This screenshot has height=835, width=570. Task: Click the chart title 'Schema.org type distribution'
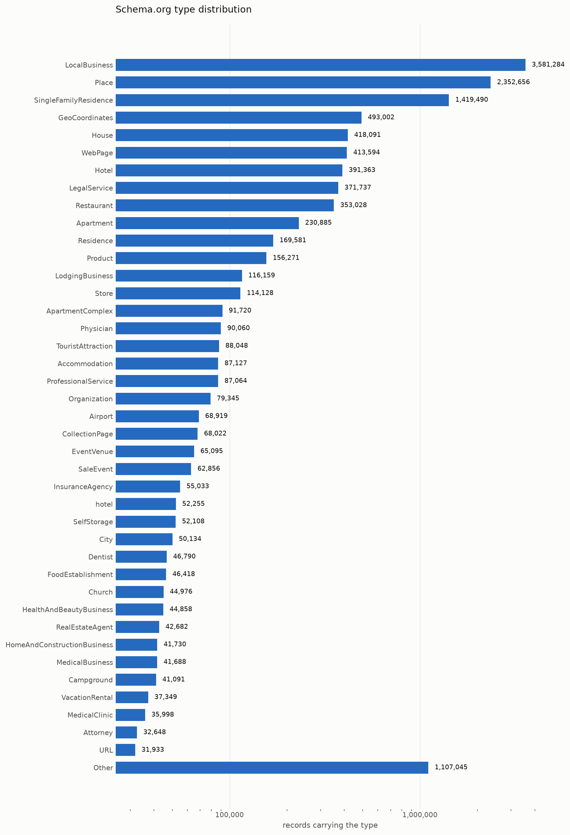[x=183, y=10]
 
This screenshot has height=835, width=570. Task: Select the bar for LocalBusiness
[x=320, y=65]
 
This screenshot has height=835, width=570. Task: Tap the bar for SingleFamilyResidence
[x=282, y=100]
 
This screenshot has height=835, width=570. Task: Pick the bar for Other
[x=272, y=768]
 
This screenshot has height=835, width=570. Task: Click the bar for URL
[x=125, y=750]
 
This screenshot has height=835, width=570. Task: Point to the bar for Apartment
[x=207, y=223]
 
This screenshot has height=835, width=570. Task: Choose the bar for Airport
[x=157, y=416]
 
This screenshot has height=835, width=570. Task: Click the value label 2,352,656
[x=513, y=82]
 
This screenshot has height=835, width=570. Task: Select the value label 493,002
[x=381, y=117]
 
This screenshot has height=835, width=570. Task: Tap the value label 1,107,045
[x=451, y=767]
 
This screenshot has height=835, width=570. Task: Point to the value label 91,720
[x=240, y=310]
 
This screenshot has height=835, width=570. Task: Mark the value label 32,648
[x=154, y=732]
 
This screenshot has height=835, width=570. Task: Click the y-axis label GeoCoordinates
[x=86, y=118]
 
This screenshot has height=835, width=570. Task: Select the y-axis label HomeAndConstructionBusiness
[x=59, y=645]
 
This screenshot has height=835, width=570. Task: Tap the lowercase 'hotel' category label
[x=104, y=504]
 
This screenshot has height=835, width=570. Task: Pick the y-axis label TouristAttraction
[x=85, y=346]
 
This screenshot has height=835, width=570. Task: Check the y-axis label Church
[x=101, y=592]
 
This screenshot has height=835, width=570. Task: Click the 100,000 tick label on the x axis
[x=229, y=815]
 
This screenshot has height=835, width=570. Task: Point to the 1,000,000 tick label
[x=420, y=815]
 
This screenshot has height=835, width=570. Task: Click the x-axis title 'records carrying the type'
[x=330, y=825]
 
